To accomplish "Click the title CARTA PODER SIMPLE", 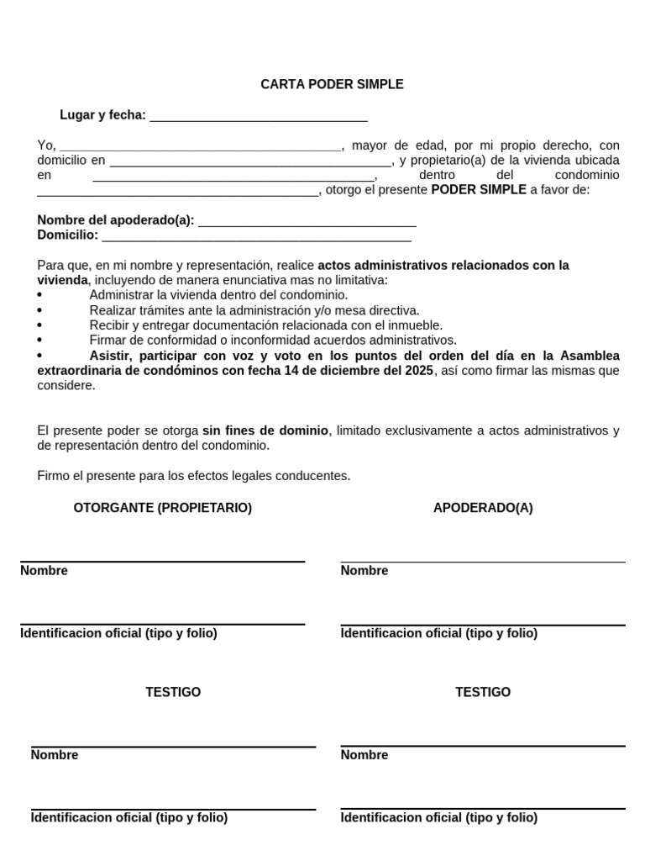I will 332,84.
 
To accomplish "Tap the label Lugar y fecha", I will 102,115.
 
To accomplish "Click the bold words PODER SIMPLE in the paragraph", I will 478,190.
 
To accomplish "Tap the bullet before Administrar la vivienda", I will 40,296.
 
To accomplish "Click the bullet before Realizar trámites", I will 40,311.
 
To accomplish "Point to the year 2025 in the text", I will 417,371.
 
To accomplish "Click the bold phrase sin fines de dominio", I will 265,430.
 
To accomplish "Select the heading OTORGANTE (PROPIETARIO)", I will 163,508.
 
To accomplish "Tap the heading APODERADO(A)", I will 483,508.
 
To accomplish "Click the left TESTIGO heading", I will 173,692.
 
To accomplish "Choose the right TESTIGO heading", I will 483,692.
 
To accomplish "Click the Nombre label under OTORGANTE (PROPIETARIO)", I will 44,571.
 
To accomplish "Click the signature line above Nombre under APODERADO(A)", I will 483,562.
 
